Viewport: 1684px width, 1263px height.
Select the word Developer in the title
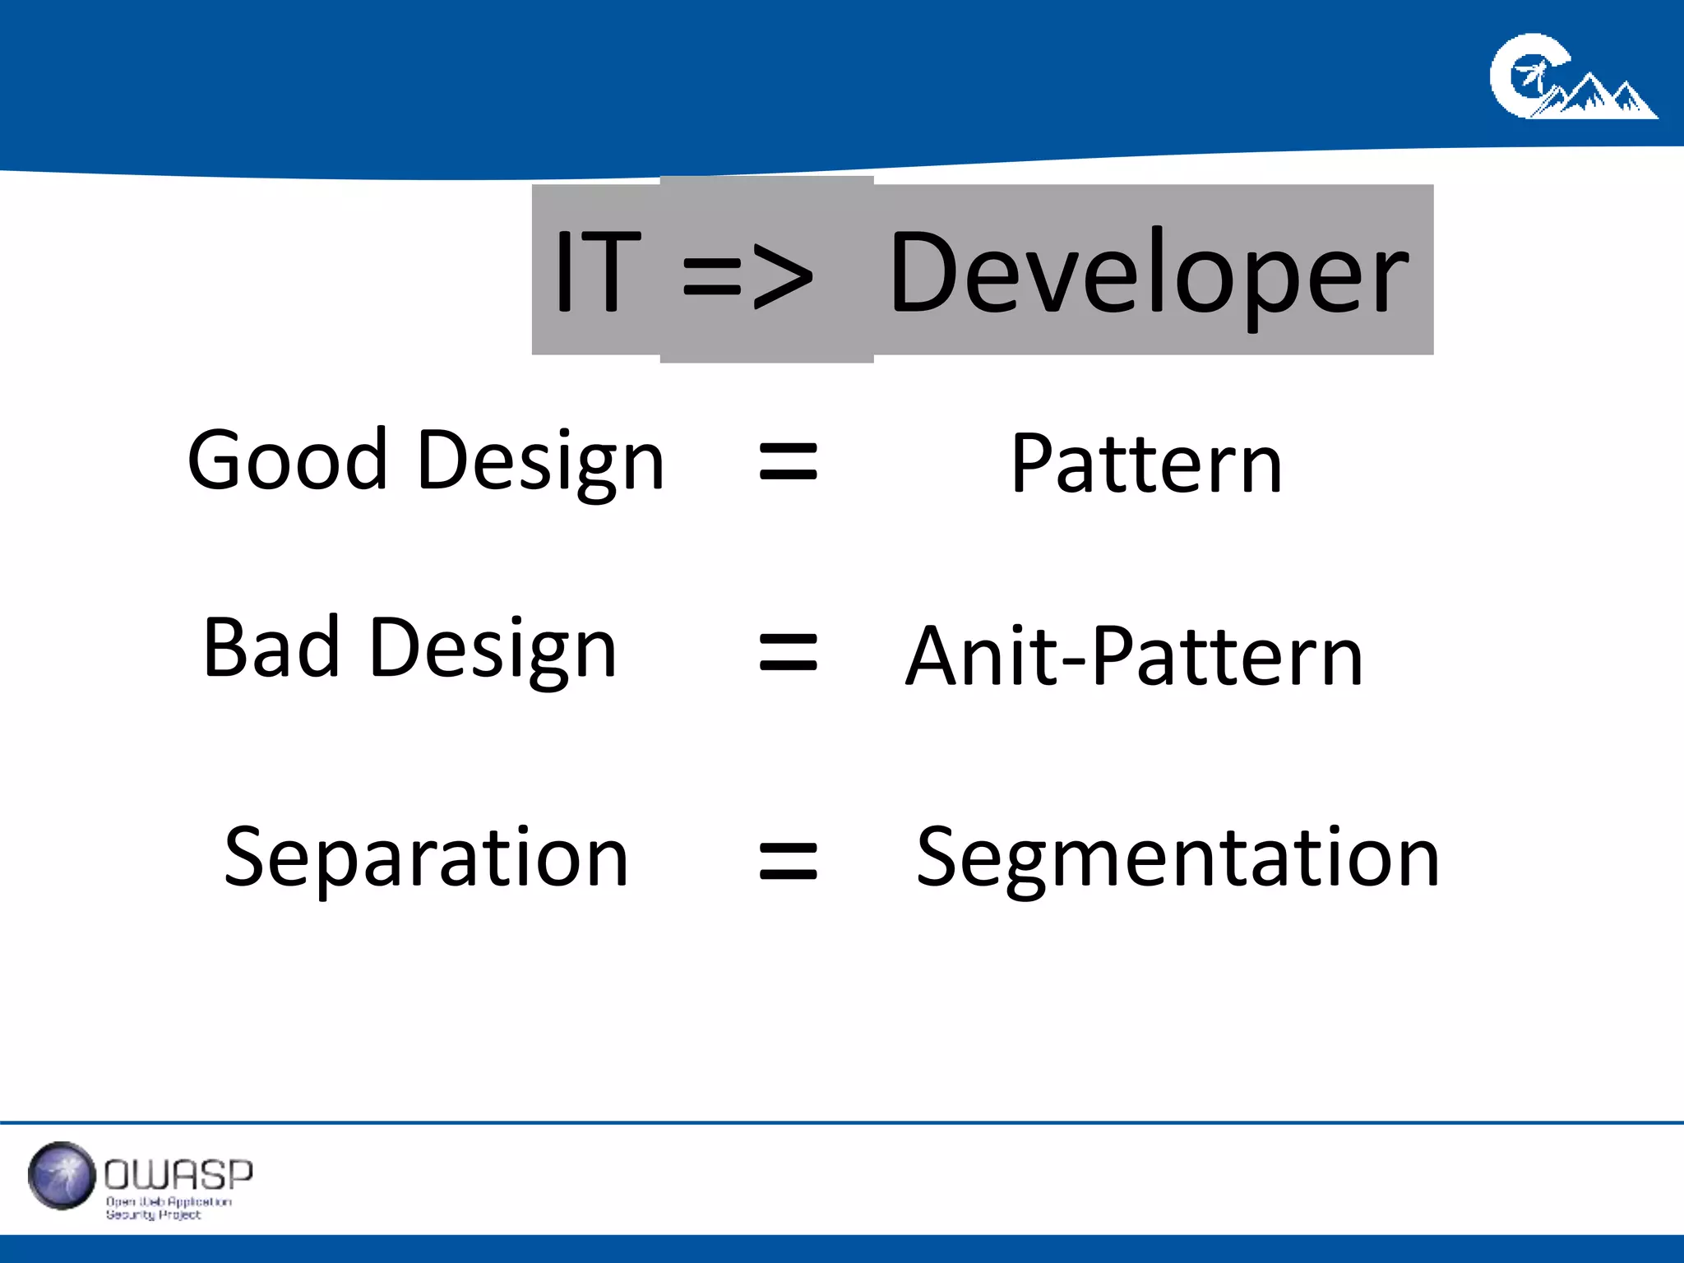[x=1149, y=273]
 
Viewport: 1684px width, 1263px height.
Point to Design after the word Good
[x=540, y=462]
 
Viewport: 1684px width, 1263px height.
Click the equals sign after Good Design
[x=788, y=461]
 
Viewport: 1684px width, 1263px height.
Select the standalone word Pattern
[x=1146, y=465]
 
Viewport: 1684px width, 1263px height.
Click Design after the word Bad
[x=493, y=651]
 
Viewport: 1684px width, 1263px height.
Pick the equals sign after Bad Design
[x=788, y=652]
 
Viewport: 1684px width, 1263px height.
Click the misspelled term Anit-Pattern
[x=1134, y=656]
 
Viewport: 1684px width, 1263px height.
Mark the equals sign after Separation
[x=788, y=862]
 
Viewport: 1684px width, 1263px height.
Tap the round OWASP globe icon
[x=62, y=1175]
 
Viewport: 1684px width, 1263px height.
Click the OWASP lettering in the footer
[x=178, y=1174]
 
